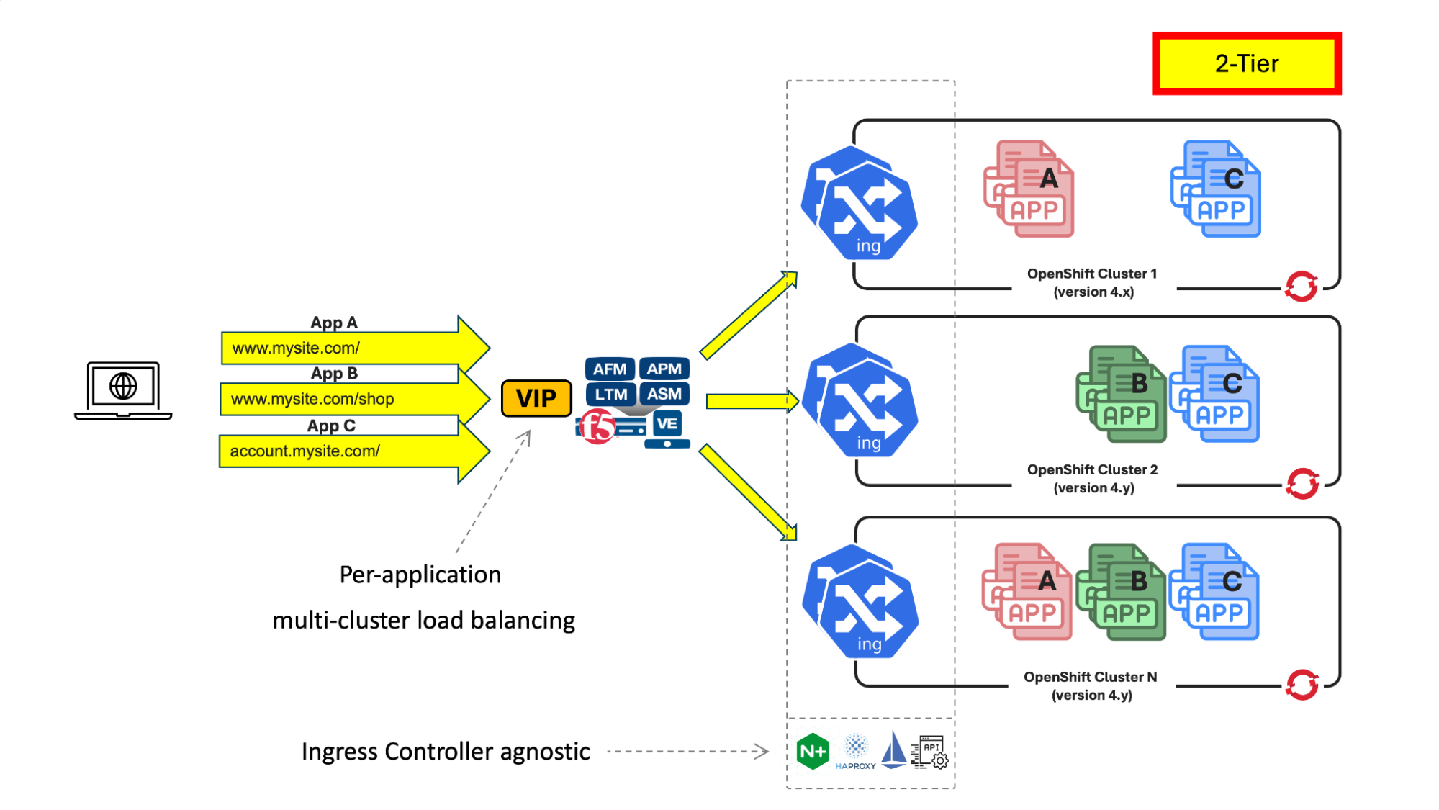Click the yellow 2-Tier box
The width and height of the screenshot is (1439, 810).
pos(1247,63)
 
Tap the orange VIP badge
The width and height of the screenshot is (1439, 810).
pos(536,398)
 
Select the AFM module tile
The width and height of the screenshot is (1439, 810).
pos(610,369)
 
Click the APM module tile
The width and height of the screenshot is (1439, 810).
pos(664,369)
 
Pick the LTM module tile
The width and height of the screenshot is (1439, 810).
pos(610,395)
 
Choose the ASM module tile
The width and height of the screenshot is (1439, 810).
pos(664,395)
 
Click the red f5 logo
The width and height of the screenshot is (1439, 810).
pos(597,426)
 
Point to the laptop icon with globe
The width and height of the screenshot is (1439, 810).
pos(123,390)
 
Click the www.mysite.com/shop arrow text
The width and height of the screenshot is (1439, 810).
pos(312,399)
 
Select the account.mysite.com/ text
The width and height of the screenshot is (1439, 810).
pos(305,451)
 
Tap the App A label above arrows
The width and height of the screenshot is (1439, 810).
pos(334,323)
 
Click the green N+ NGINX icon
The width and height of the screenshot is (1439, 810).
pos(813,752)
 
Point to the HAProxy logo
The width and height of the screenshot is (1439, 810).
pos(856,752)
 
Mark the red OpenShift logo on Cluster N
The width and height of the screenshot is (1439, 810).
pos(1302,685)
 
